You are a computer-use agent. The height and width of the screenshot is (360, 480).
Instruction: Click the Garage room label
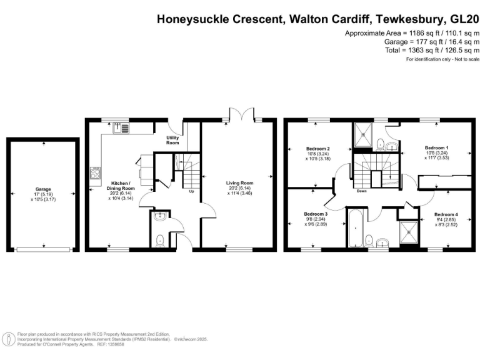[x=43, y=189]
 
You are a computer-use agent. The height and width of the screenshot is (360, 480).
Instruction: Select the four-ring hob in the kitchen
[x=96, y=172]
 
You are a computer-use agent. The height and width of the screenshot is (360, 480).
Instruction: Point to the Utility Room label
[x=172, y=140]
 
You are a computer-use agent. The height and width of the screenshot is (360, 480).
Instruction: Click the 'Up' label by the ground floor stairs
[x=191, y=191]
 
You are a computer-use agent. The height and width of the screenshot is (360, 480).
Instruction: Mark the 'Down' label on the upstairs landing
[x=361, y=191]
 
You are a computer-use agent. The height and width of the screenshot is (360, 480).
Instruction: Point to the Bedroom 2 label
[x=317, y=149]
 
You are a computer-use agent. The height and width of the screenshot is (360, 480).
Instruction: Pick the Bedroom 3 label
[x=316, y=214]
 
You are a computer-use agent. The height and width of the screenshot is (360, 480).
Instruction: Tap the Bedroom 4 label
[x=446, y=215]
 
